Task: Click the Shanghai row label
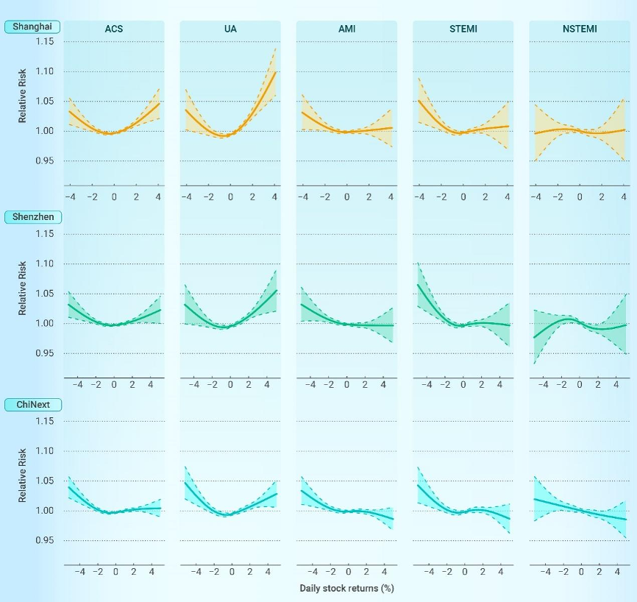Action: pos(32,26)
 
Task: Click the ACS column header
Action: pos(113,29)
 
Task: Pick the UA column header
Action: pos(229,29)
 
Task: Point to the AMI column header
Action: pos(346,29)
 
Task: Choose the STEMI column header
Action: pos(463,29)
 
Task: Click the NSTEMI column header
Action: pos(580,29)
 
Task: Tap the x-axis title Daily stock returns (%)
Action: pos(346,589)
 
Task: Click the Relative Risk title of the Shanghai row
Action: pos(22,101)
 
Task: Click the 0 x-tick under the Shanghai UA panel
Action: pos(230,197)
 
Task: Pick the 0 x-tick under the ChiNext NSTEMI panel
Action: pos(581,571)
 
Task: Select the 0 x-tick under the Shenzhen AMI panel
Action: pos(346,384)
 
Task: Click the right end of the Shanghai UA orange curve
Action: pos(275,72)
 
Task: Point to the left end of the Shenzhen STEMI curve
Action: pos(418,285)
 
